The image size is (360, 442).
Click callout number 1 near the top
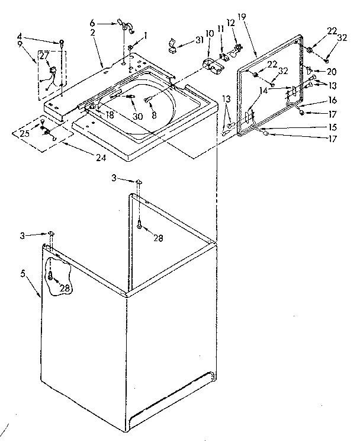(x=145, y=34)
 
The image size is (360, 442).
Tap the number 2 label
(x=93, y=32)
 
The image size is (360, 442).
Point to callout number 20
(x=332, y=71)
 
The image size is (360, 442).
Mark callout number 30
(x=138, y=116)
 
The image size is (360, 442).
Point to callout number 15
(x=332, y=127)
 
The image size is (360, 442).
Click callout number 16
(x=332, y=101)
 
